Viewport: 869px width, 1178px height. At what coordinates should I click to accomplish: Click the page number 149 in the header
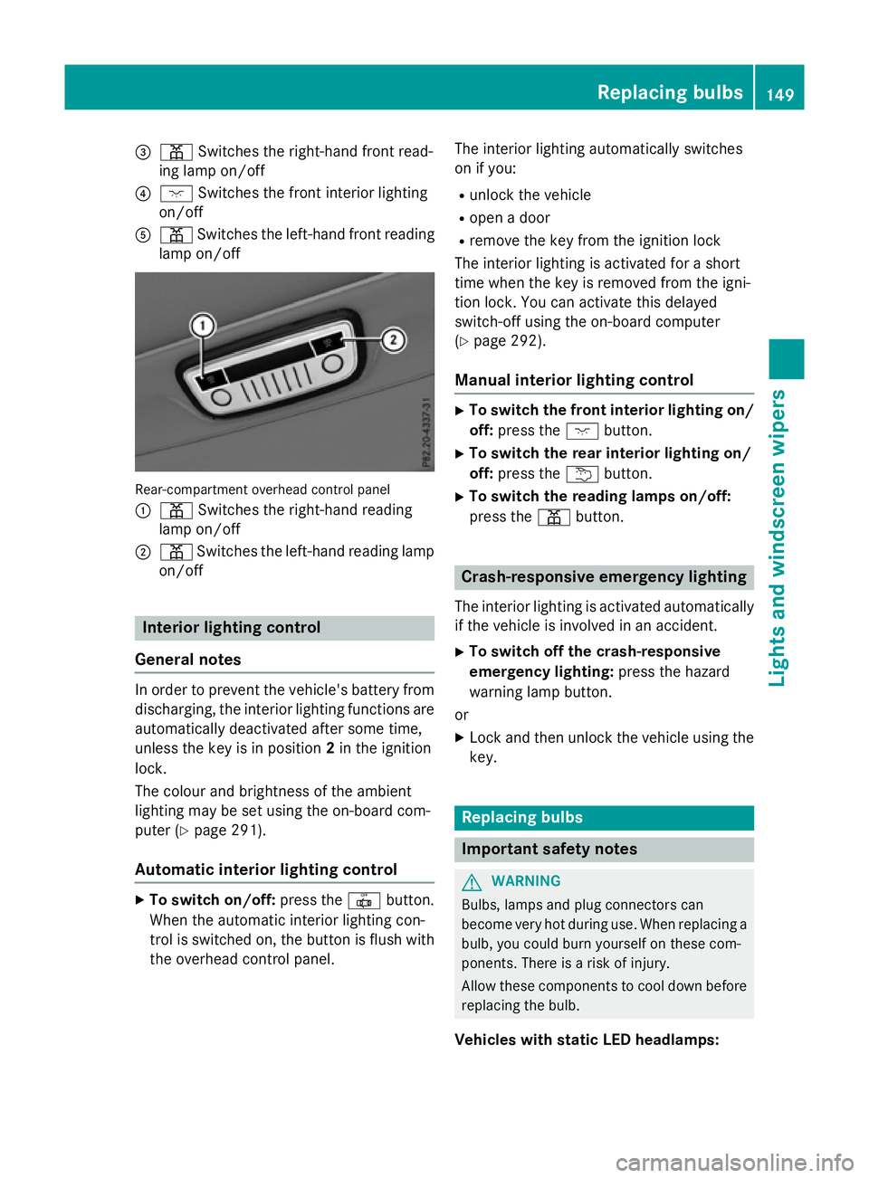(x=779, y=94)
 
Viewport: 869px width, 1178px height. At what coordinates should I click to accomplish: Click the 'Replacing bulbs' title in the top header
(x=669, y=92)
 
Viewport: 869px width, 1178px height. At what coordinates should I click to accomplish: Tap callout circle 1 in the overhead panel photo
(x=203, y=326)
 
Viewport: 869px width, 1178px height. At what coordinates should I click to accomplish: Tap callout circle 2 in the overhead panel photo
(x=393, y=340)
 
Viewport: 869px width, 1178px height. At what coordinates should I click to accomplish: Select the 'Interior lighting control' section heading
(x=231, y=628)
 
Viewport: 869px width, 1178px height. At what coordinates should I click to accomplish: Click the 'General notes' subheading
(x=188, y=660)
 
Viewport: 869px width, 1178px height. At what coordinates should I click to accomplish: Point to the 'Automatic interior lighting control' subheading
(x=266, y=869)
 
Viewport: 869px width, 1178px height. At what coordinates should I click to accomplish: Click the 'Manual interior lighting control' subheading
(x=574, y=380)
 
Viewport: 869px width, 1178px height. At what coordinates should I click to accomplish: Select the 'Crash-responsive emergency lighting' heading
(x=604, y=577)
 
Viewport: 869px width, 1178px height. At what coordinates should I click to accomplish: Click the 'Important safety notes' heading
(x=549, y=850)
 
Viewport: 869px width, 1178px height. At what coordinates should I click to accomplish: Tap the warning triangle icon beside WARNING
(x=472, y=882)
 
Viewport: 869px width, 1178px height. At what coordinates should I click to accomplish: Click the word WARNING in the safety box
(x=526, y=881)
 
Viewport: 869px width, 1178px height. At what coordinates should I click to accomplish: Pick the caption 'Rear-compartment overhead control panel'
(x=263, y=489)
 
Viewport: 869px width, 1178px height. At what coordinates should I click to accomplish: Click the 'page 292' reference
(x=507, y=341)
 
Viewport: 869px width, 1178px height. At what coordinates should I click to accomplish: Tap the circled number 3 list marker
(x=143, y=152)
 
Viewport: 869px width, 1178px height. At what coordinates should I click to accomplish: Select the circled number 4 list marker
(x=143, y=194)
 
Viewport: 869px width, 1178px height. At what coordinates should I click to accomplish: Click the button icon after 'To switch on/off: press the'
(x=364, y=901)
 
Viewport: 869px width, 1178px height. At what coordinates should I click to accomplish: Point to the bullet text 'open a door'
(x=510, y=218)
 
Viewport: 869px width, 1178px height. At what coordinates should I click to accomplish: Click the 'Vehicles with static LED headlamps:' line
(x=587, y=1040)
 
